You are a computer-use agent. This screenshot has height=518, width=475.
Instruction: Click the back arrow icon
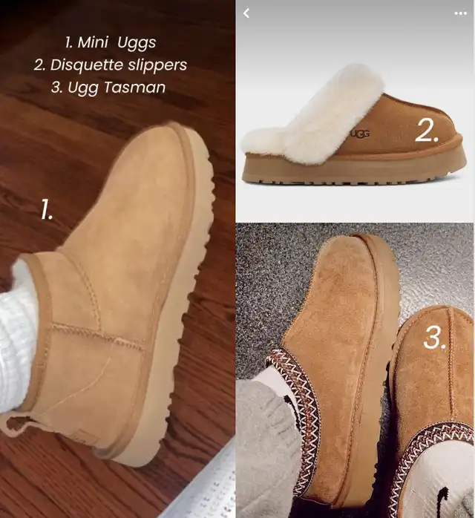[x=246, y=13]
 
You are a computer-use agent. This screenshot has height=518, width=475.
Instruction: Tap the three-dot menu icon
[x=460, y=13]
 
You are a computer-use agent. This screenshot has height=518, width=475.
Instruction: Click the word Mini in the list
[x=93, y=42]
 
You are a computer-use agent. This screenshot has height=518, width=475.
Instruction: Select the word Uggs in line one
[x=137, y=43]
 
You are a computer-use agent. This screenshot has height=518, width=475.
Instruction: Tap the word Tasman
[x=134, y=88]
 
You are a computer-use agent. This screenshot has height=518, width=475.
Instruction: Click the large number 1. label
[x=47, y=209]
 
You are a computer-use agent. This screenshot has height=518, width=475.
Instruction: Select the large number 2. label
[x=426, y=131]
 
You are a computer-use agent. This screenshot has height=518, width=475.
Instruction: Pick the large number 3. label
[x=434, y=338]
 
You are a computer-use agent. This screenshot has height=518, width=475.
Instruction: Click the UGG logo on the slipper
[x=360, y=134]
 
